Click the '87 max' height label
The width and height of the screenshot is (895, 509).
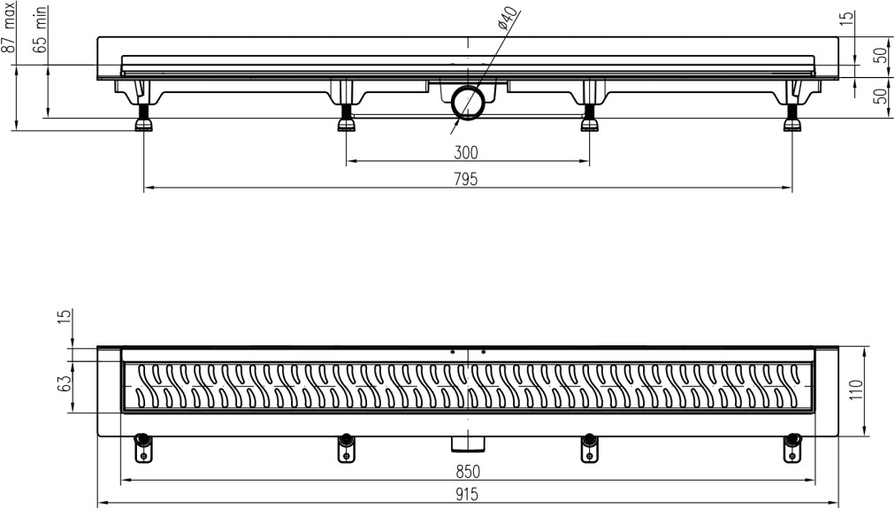(10, 27)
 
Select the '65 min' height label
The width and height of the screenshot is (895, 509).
(41, 30)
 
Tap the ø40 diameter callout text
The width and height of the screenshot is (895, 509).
(507, 19)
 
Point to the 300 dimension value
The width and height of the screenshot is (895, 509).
(466, 152)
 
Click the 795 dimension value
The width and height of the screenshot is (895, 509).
(466, 180)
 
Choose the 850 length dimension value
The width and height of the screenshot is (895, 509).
(468, 471)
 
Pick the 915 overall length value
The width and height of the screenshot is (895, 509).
(467, 494)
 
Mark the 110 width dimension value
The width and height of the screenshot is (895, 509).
(856, 390)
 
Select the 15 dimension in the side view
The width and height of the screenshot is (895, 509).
(848, 17)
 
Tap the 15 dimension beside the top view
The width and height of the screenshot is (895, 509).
(65, 315)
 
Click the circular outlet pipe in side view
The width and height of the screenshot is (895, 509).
(469, 103)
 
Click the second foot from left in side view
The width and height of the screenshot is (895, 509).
(346, 118)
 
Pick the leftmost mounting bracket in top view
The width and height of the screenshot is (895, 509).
(142, 448)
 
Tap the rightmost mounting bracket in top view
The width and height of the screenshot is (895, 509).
(792, 448)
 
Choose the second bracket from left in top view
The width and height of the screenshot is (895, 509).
(345, 448)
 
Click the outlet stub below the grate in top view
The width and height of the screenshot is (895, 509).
(469, 443)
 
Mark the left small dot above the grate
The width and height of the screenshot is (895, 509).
(453, 352)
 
